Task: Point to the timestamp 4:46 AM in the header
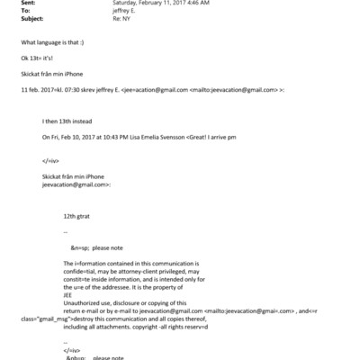pos(198,4)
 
